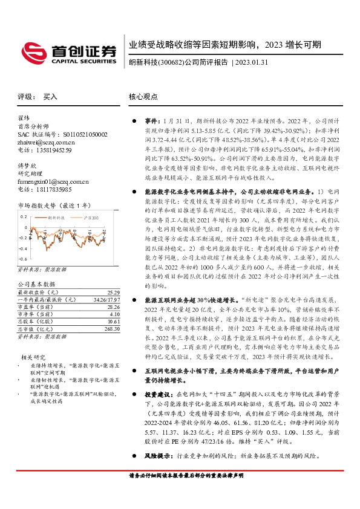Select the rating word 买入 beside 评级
tap(50, 96)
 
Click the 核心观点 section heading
tap(143, 96)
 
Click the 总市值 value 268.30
tap(112, 329)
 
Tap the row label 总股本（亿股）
tap(36, 322)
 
